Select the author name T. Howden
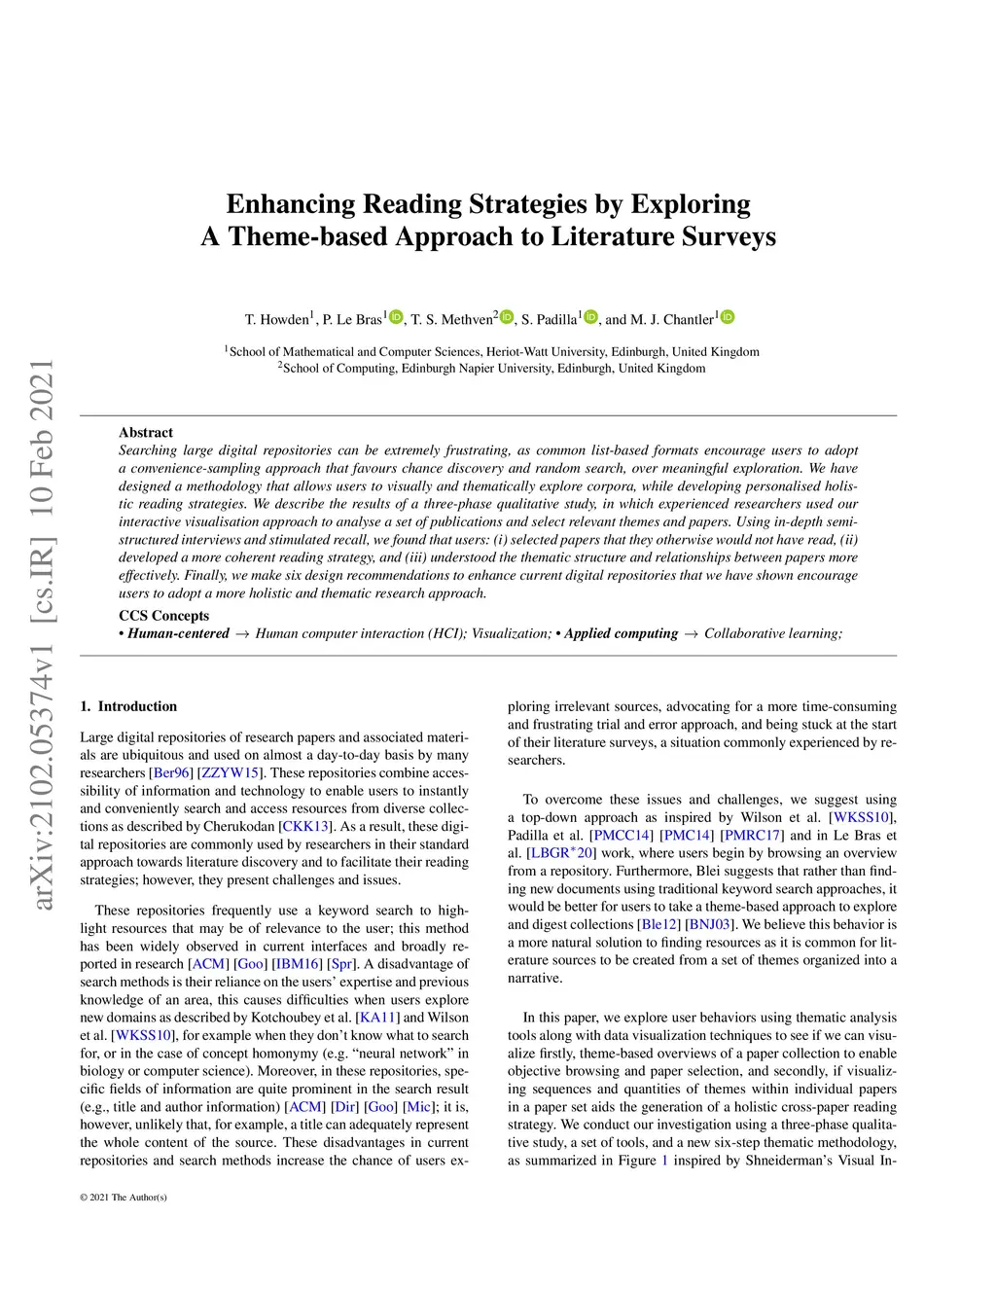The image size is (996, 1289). pyautogui.click(x=276, y=319)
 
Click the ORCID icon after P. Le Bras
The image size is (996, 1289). pyautogui.click(x=396, y=317)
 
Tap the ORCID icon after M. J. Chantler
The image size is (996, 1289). pyautogui.click(x=728, y=317)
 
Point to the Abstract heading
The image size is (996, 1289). pyautogui.click(x=146, y=433)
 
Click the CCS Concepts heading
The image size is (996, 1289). pyautogui.click(x=163, y=616)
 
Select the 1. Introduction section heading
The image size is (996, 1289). pyautogui.click(x=128, y=706)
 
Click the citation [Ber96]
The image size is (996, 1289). pyautogui.click(x=171, y=772)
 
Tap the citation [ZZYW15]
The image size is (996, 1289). pyautogui.click(x=231, y=772)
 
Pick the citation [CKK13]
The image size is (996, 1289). pyautogui.click(x=306, y=827)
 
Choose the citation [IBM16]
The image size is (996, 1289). pyautogui.click(x=297, y=964)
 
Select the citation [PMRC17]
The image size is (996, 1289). pyautogui.click(x=752, y=835)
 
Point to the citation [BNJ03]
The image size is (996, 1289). pyautogui.click(x=710, y=924)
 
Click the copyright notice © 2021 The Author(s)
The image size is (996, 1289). pyautogui.click(x=124, y=1198)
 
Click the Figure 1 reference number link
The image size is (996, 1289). pyautogui.click(x=665, y=1161)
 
